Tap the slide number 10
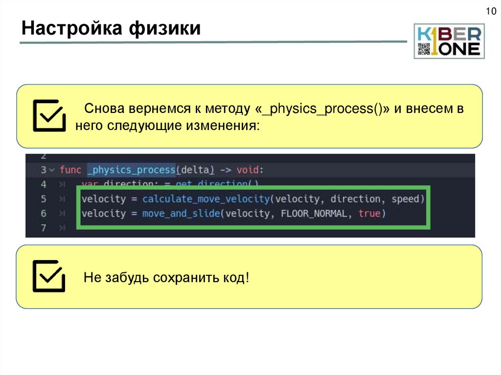pyautogui.click(x=490, y=12)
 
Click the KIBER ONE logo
pyautogui.click(x=449, y=41)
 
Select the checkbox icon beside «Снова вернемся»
pyautogui.click(x=48, y=115)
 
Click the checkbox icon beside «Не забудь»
pyautogui.click(x=48, y=276)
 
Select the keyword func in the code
pyautogui.click(x=70, y=170)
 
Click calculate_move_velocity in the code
pyautogui.click(x=206, y=199)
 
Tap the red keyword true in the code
pyautogui.click(x=369, y=214)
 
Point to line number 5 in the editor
pyautogui.click(x=43, y=199)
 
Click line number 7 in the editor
pyautogui.click(x=43, y=228)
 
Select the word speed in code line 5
pyautogui.click(x=405, y=199)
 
